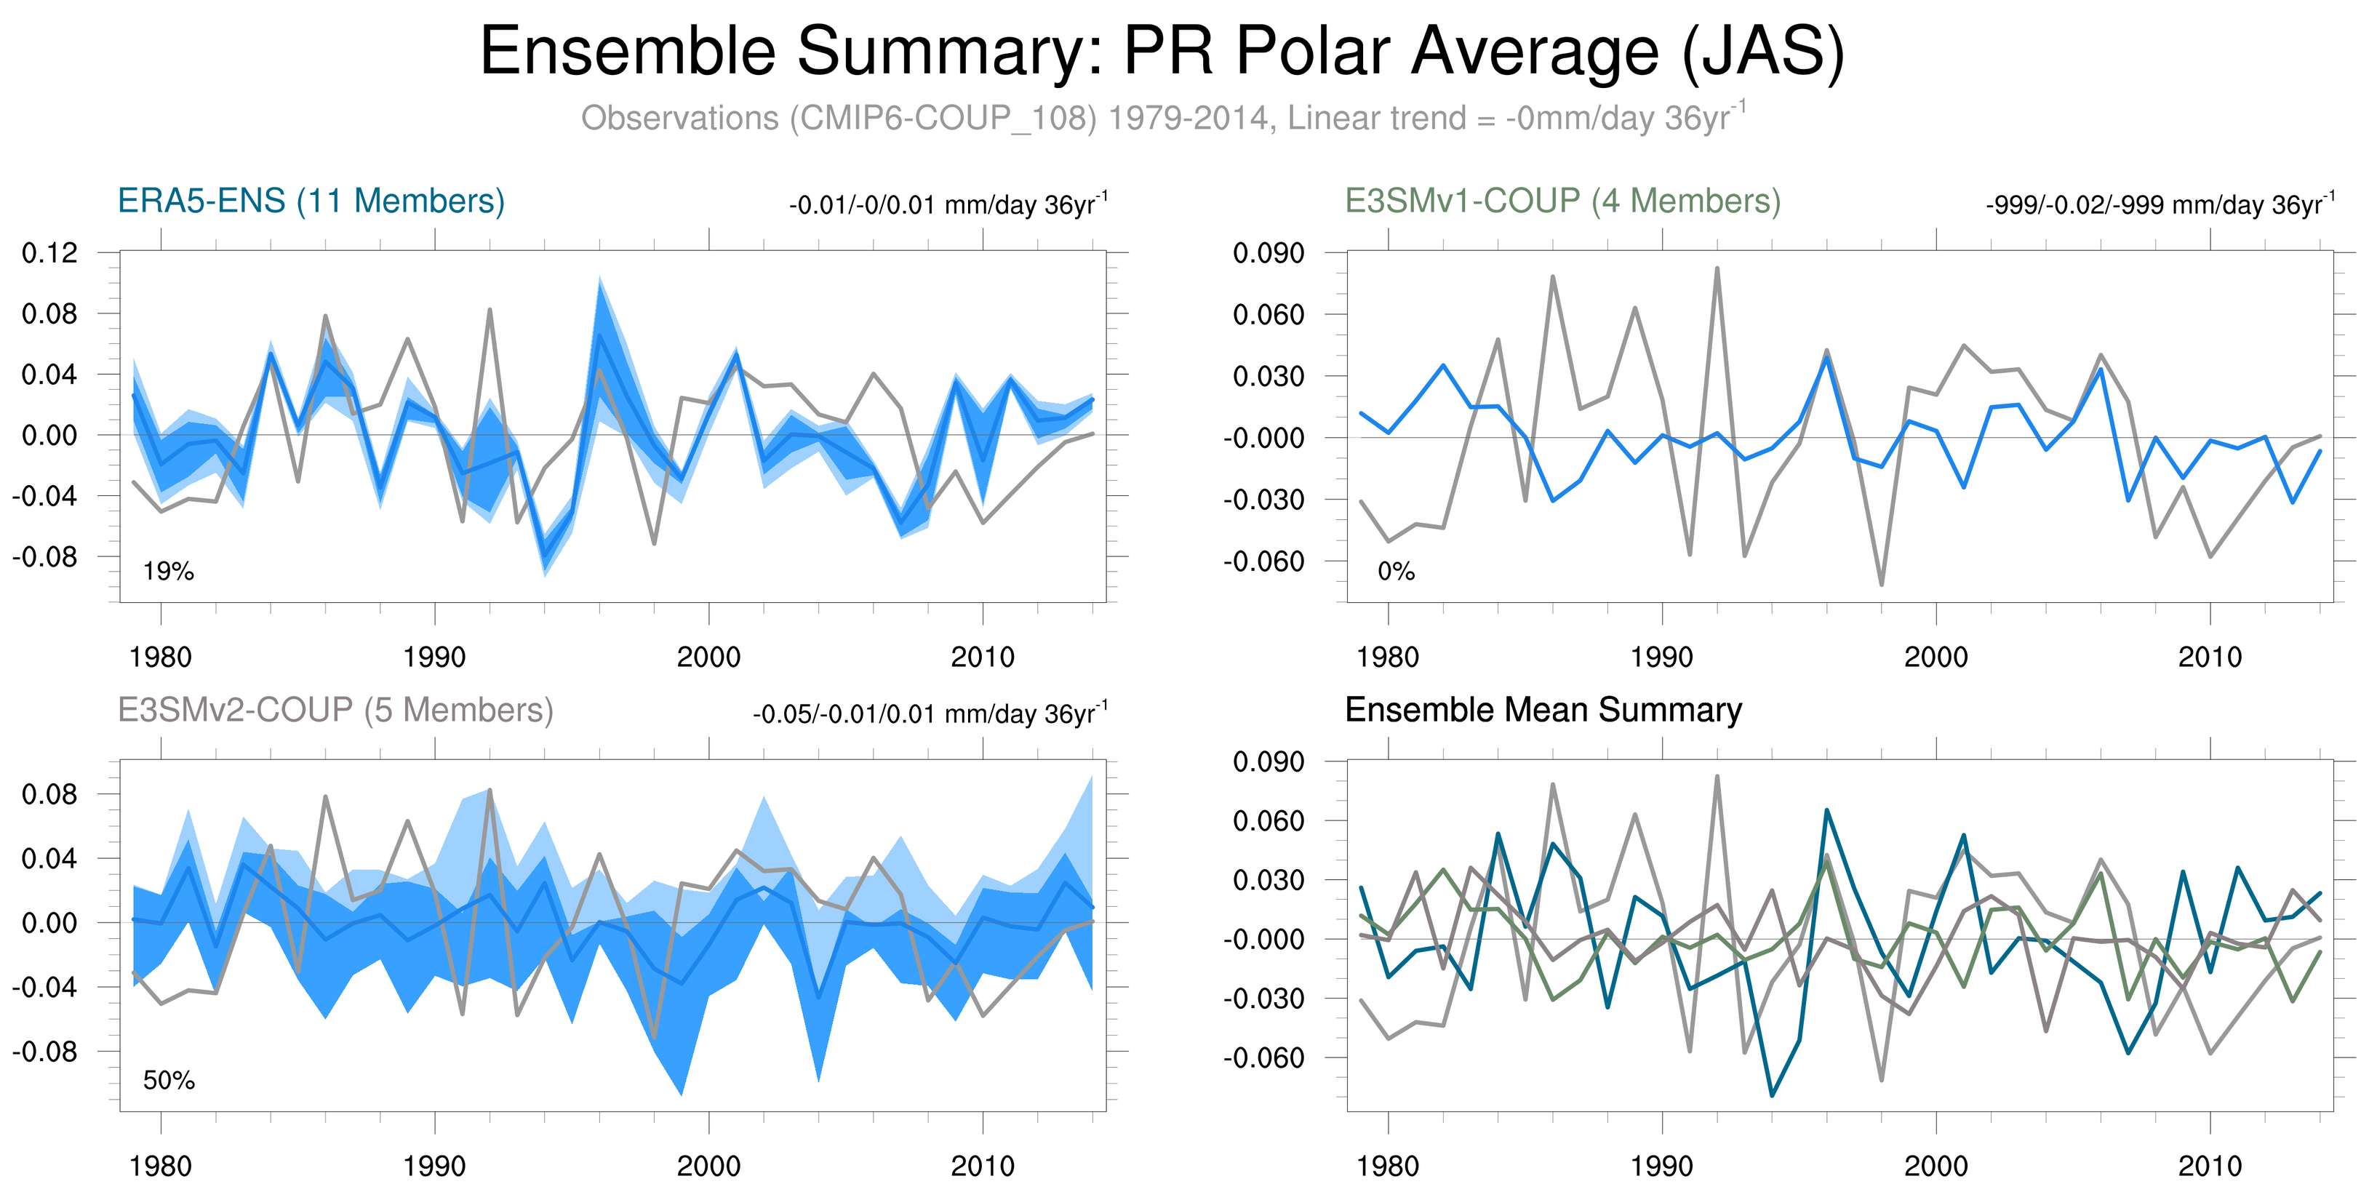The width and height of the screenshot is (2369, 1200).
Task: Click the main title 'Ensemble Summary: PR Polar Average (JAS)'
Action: click(1162, 52)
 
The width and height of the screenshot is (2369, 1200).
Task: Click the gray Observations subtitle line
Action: click(1162, 119)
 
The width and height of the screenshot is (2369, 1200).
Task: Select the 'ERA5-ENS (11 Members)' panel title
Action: click(311, 201)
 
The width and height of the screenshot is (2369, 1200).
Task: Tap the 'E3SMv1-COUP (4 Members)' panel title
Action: click(1562, 201)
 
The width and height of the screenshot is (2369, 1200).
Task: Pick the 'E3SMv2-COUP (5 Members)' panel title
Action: click(335, 710)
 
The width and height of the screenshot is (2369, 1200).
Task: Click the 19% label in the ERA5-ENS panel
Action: click(168, 571)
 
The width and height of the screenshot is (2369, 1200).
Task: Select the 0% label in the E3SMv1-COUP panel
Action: click(1395, 571)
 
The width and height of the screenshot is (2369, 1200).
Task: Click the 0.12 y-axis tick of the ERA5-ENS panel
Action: click(49, 253)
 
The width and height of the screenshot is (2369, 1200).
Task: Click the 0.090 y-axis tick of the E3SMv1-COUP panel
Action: click(1269, 253)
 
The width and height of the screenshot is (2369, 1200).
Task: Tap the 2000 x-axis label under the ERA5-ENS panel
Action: click(708, 657)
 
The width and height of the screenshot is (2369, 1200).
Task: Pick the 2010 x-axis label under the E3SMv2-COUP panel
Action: click(982, 1166)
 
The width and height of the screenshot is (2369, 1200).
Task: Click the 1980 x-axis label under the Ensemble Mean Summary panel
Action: click(1387, 1166)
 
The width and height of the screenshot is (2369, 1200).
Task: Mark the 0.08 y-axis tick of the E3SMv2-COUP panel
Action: click(49, 794)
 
